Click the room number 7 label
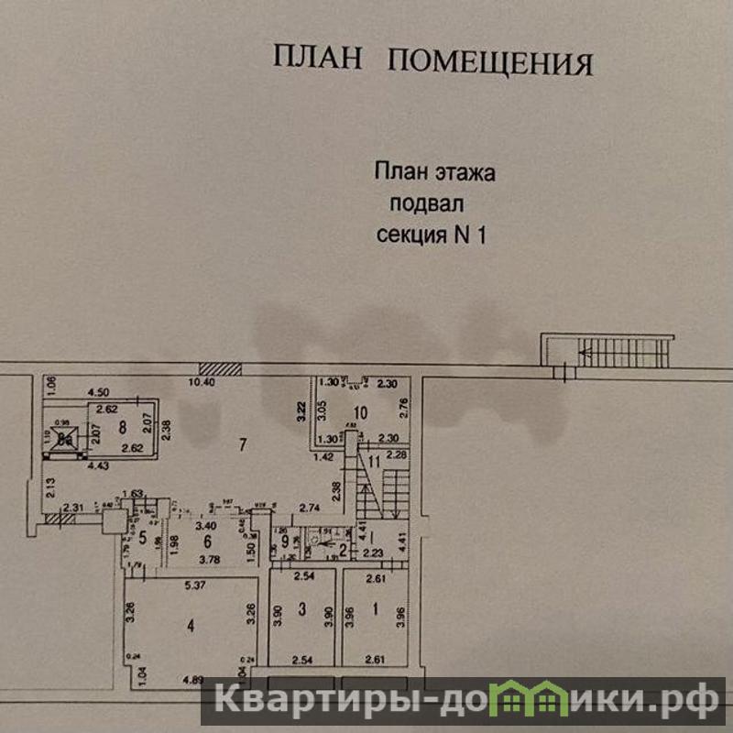(242, 446)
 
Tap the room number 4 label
(191, 627)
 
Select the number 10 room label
(360, 413)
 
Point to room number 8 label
(121, 426)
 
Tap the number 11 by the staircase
(374, 459)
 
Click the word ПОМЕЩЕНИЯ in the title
(491, 62)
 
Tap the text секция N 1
(431, 235)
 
